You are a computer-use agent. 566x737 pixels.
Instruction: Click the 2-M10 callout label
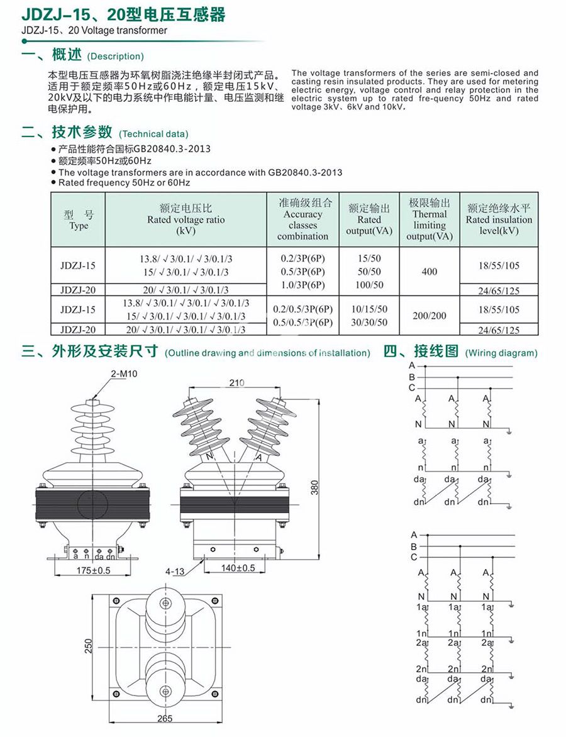pyautogui.click(x=123, y=374)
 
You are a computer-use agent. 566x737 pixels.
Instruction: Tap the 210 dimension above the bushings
pyautogui.click(x=236, y=382)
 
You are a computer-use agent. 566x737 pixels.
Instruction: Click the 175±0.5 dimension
pyautogui.click(x=93, y=570)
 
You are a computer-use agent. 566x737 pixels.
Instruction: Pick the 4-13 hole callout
pyautogui.click(x=175, y=572)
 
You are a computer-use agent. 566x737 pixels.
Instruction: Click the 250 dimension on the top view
pyautogui.click(x=89, y=645)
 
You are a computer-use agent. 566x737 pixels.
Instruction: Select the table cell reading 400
pyautogui.click(x=430, y=272)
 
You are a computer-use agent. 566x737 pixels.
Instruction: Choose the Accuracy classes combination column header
pyautogui.click(x=303, y=219)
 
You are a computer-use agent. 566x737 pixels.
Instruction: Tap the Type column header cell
pyautogui.click(x=79, y=219)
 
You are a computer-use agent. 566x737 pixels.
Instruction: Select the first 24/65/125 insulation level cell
pyautogui.click(x=499, y=291)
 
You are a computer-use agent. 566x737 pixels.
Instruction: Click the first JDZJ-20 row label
pyautogui.click(x=79, y=290)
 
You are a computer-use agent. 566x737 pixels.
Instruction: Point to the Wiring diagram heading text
pyautogui.click(x=501, y=353)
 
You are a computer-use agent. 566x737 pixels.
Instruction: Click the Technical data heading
pyautogui.click(x=153, y=134)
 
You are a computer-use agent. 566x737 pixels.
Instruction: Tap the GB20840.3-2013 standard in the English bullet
pyautogui.click(x=305, y=172)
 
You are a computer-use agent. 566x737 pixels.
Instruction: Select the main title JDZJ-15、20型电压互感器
pyautogui.click(x=123, y=15)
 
